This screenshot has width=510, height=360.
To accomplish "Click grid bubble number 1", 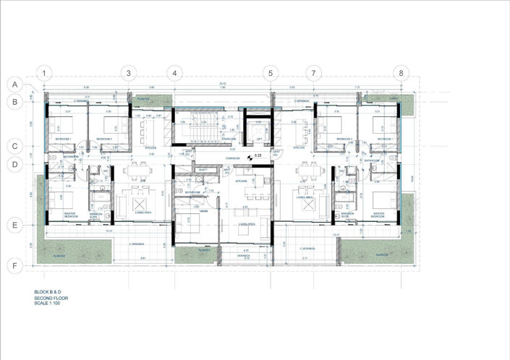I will click(45, 73).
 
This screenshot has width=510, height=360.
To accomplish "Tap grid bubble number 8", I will click(402, 73).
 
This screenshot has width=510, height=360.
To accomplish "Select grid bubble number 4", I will click(174, 73).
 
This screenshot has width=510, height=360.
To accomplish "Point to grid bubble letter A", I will click(14, 85).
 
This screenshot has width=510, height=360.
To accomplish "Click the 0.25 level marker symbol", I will click(250, 156).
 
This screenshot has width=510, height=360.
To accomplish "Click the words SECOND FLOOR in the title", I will click(50, 297).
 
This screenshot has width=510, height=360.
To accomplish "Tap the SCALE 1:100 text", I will click(48, 302).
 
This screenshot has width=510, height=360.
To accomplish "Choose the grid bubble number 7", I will click(313, 73).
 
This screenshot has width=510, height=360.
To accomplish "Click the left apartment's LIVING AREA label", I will click(143, 213).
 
